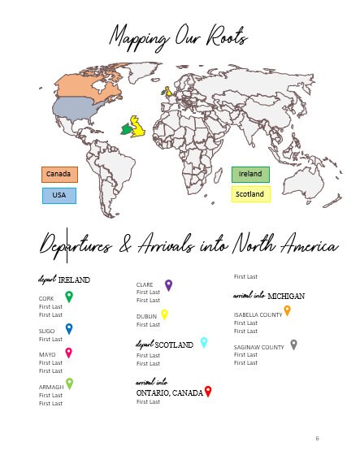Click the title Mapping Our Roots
point(179,37)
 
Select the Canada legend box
point(59,174)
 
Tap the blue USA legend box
point(59,196)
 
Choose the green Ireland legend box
point(250,174)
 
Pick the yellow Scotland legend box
point(250,195)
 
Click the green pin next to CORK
point(69,297)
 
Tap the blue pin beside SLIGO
point(69,328)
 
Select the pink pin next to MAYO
point(69,353)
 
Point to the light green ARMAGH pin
point(70,383)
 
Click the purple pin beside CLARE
point(168,285)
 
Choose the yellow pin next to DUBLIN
point(164,314)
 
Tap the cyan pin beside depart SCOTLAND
point(204,342)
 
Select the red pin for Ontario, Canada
point(208,392)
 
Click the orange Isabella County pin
point(287,310)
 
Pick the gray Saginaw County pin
point(293,344)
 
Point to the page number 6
point(317,439)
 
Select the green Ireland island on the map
point(126,128)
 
